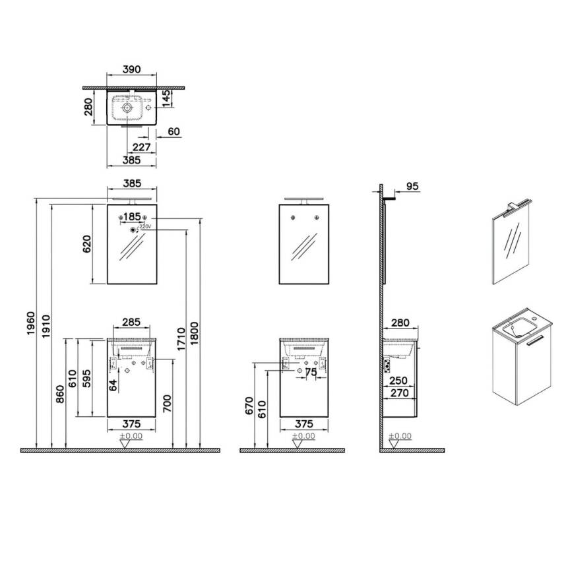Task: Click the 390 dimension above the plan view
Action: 132,69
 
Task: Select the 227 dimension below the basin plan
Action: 141,146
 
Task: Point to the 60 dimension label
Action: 173,131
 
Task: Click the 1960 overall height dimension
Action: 31,323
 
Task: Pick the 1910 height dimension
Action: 46,326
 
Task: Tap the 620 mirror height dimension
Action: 87,244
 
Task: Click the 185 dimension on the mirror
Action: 132,216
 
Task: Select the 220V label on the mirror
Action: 145,226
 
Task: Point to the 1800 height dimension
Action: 194,333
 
